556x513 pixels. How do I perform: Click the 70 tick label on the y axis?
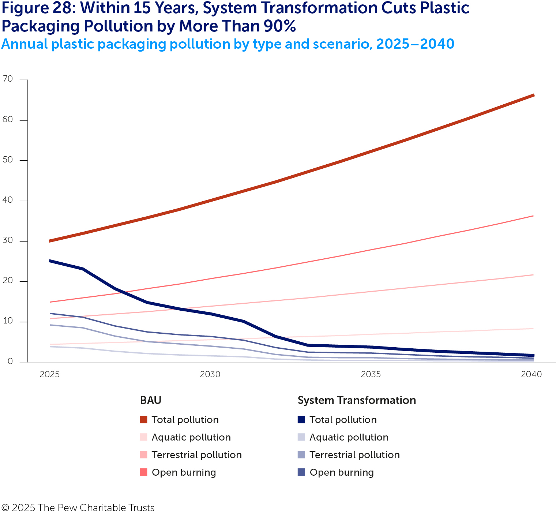[8, 79]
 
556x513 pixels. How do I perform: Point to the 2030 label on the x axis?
[210, 374]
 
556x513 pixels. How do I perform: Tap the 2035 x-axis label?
[371, 374]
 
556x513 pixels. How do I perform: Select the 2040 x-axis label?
[531, 374]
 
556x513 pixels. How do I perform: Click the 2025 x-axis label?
[50, 374]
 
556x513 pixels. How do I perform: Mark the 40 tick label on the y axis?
[8, 201]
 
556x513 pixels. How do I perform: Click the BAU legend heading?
[151, 400]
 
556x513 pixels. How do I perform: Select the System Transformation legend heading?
[357, 400]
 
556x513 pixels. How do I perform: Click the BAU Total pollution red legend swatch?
[143, 420]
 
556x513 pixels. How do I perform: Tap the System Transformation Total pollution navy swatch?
[301, 420]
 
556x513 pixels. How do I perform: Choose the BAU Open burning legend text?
[184, 472]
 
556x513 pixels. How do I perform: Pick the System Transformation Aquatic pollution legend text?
[349, 437]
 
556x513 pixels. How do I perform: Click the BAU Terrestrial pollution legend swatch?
[143, 455]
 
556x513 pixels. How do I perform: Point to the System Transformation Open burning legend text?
[342, 472]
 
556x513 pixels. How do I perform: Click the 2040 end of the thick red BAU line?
[533, 96]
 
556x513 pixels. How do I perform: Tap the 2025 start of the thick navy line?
[50, 261]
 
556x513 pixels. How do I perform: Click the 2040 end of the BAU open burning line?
[533, 216]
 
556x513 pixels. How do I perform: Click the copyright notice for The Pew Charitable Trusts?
[78, 508]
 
